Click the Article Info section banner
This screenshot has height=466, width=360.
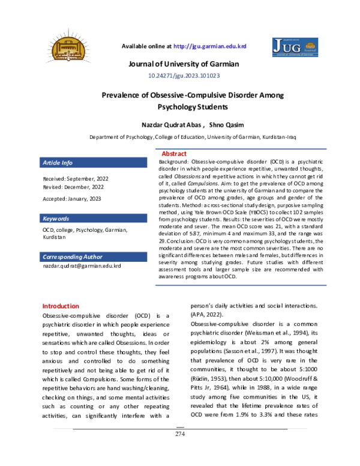point(93,163)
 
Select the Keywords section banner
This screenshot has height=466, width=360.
point(93,218)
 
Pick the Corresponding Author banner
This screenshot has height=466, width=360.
point(93,256)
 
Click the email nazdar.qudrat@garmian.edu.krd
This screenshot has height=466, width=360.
point(81,265)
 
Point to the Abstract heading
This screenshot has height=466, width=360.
point(174,154)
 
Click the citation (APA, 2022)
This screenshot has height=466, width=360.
point(209,315)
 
